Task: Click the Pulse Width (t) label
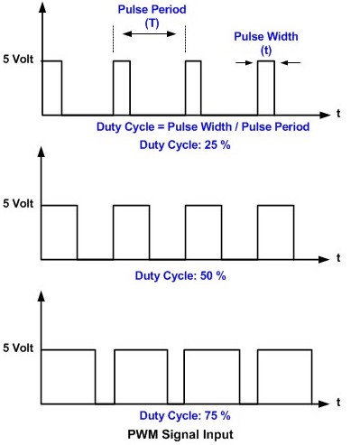(x=265, y=43)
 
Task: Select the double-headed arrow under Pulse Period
(x=149, y=35)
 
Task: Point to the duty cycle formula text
(x=203, y=127)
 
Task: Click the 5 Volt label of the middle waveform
(x=18, y=205)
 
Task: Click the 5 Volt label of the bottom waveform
(x=18, y=348)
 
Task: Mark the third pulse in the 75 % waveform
(x=210, y=375)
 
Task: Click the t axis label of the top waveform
(x=337, y=115)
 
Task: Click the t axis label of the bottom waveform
(x=337, y=401)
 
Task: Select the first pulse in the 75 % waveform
(x=68, y=375)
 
